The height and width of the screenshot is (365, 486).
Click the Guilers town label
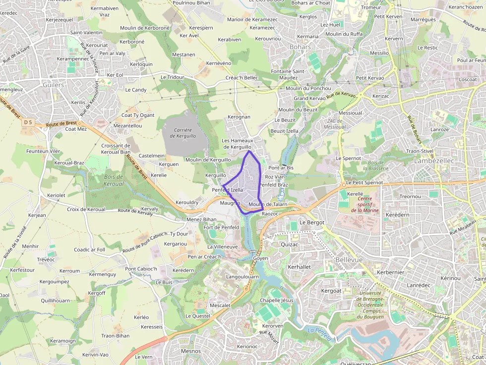[53, 85]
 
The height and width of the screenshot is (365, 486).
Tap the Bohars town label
[300, 47]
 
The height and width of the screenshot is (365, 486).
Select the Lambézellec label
[435, 161]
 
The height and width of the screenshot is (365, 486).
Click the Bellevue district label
[349, 260]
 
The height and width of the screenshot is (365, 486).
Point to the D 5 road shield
[28, 122]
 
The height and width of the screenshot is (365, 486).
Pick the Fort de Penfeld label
[221, 227]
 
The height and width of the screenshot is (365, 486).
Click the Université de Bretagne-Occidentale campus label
[371, 305]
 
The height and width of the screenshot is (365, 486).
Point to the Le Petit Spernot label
[365, 182]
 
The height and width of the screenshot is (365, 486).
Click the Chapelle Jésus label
[276, 300]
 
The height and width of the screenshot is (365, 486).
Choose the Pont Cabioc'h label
[141, 269]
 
